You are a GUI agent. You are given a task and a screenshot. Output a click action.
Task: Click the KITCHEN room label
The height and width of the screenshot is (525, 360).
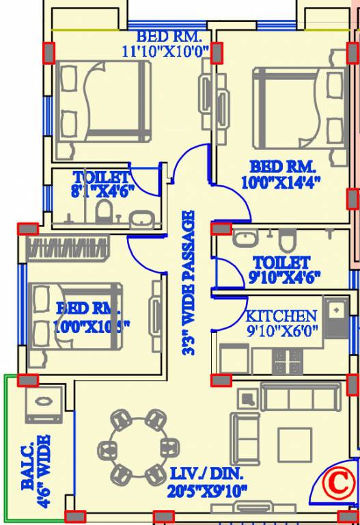tap(281, 316)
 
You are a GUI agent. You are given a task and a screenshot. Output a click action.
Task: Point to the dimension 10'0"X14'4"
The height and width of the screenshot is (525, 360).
tap(281, 182)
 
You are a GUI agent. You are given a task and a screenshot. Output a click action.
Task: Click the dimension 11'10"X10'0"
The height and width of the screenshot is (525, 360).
tap(165, 51)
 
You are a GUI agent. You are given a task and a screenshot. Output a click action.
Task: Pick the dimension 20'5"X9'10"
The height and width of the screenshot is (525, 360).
tap(208, 490)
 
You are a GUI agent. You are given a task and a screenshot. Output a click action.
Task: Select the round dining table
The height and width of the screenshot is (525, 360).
tap(137, 446)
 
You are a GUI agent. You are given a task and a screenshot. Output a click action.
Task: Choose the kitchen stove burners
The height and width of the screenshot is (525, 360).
tap(288, 362)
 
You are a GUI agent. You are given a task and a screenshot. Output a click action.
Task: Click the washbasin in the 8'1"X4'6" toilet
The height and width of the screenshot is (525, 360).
tap(141, 219)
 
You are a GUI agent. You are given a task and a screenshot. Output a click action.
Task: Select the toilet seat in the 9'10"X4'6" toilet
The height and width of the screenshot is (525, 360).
tap(288, 240)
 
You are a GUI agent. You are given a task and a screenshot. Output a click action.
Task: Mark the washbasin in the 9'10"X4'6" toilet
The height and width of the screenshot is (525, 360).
tap(243, 239)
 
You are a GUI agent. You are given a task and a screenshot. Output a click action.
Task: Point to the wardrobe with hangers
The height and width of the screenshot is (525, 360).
tap(67, 247)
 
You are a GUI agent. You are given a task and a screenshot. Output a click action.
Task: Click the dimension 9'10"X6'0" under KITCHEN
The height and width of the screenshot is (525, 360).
tap(281, 331)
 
